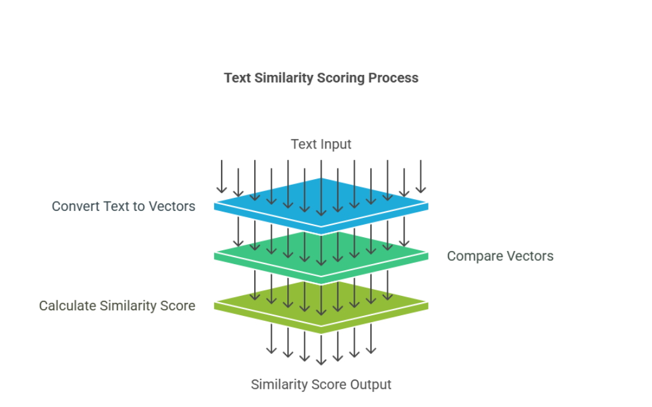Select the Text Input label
pyautogui.click(x=321, y=144)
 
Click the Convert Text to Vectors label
pyautogui.click(x=123, y=206)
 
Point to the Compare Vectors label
pyautogui.click(x=500, y=256)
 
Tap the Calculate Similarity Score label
pyautogui.click(x=117, y=306)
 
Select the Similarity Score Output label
pyautogui.click(x=321, y=385)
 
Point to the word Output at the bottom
pyautogui.click(x=371, y=385)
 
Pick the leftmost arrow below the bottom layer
pyautogui.click(x=271, y=339)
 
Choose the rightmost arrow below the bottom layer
pyautogui.click(x=371, y=339)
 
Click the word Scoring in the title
pyautogui.click(x=340, y=78)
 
